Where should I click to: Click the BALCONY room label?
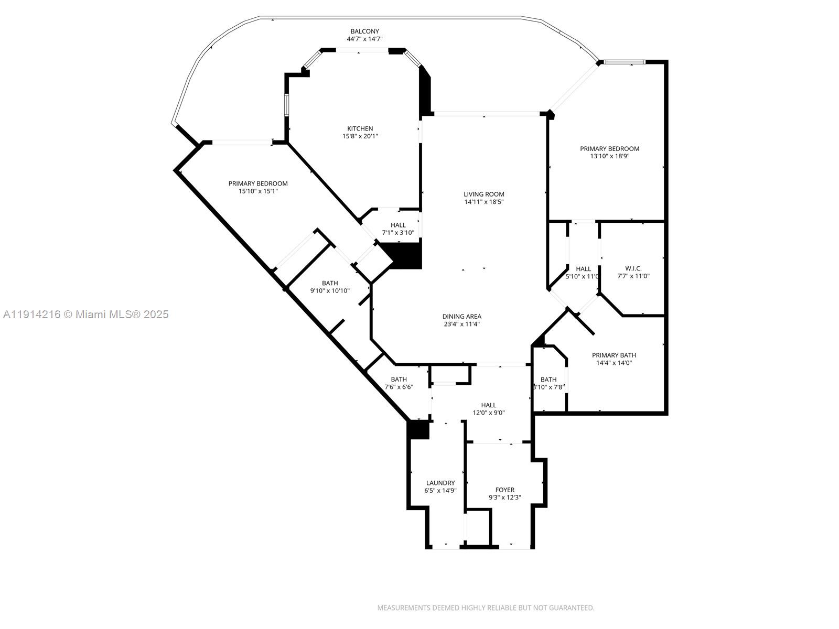point(364,31)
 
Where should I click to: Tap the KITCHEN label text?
point(360,128)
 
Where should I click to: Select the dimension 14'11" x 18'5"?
point(483,202)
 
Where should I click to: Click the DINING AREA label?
point(461,316)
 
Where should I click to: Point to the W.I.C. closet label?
point(633,268)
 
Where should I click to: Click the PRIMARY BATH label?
point(614,355)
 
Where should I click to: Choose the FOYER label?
point(504,490)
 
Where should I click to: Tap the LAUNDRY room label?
point(440,483)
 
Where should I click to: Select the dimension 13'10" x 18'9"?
point(609,156)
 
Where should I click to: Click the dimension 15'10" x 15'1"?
point(258,191)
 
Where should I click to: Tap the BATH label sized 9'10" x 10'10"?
point(330,283)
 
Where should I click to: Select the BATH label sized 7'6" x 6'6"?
point(399,379)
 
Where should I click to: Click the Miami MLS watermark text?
point(85,314)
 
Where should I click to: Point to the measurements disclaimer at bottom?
point(486,608)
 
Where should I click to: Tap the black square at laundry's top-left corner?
point(418,430)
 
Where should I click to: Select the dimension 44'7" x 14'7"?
point(364,39)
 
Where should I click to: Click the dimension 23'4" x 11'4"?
point(461,324)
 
